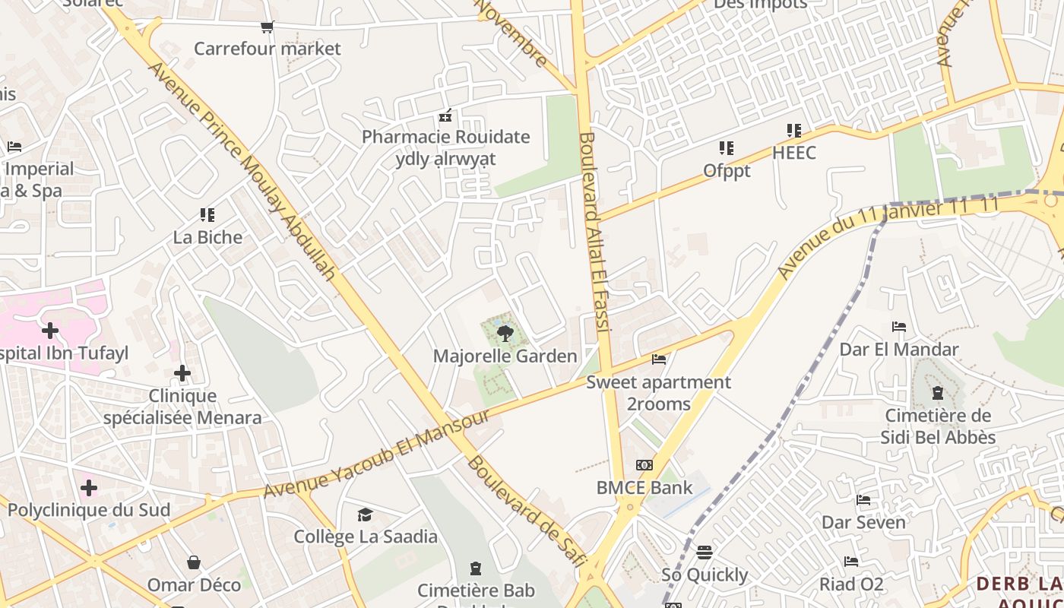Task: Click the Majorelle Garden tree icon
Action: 504,333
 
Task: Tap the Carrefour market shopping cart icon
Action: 267,27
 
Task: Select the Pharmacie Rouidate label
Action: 445,138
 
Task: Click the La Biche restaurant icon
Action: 207,215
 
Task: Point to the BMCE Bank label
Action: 644,487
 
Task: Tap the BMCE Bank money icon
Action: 644,465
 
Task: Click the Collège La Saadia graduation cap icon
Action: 366,515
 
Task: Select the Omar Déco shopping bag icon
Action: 194,562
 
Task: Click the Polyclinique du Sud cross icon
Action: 89,487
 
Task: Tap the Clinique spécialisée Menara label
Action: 182,407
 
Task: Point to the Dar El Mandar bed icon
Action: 899,327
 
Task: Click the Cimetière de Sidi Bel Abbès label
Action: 938,426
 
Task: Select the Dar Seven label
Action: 863,522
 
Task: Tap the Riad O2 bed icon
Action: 851,562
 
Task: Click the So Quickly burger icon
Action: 705,552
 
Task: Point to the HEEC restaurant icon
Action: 794,130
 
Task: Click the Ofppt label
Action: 727,171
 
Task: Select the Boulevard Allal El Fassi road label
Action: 595,232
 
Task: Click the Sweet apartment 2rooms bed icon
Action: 659,359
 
